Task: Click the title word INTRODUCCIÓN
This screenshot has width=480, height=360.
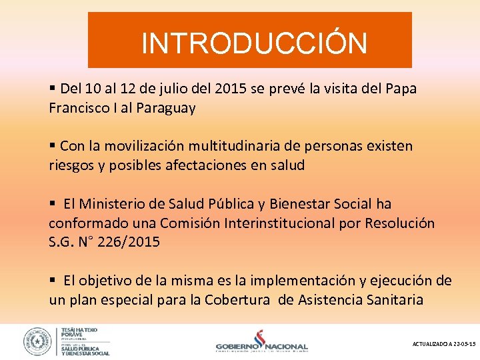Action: [254, 44]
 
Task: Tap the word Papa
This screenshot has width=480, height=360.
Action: [401, 89]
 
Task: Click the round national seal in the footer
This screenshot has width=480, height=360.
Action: [37, 341]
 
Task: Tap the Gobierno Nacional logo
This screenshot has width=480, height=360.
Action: [262, 341]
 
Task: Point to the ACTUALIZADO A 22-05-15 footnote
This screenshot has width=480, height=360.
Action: [444, 344]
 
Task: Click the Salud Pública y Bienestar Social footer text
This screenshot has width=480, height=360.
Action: [85, 349]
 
